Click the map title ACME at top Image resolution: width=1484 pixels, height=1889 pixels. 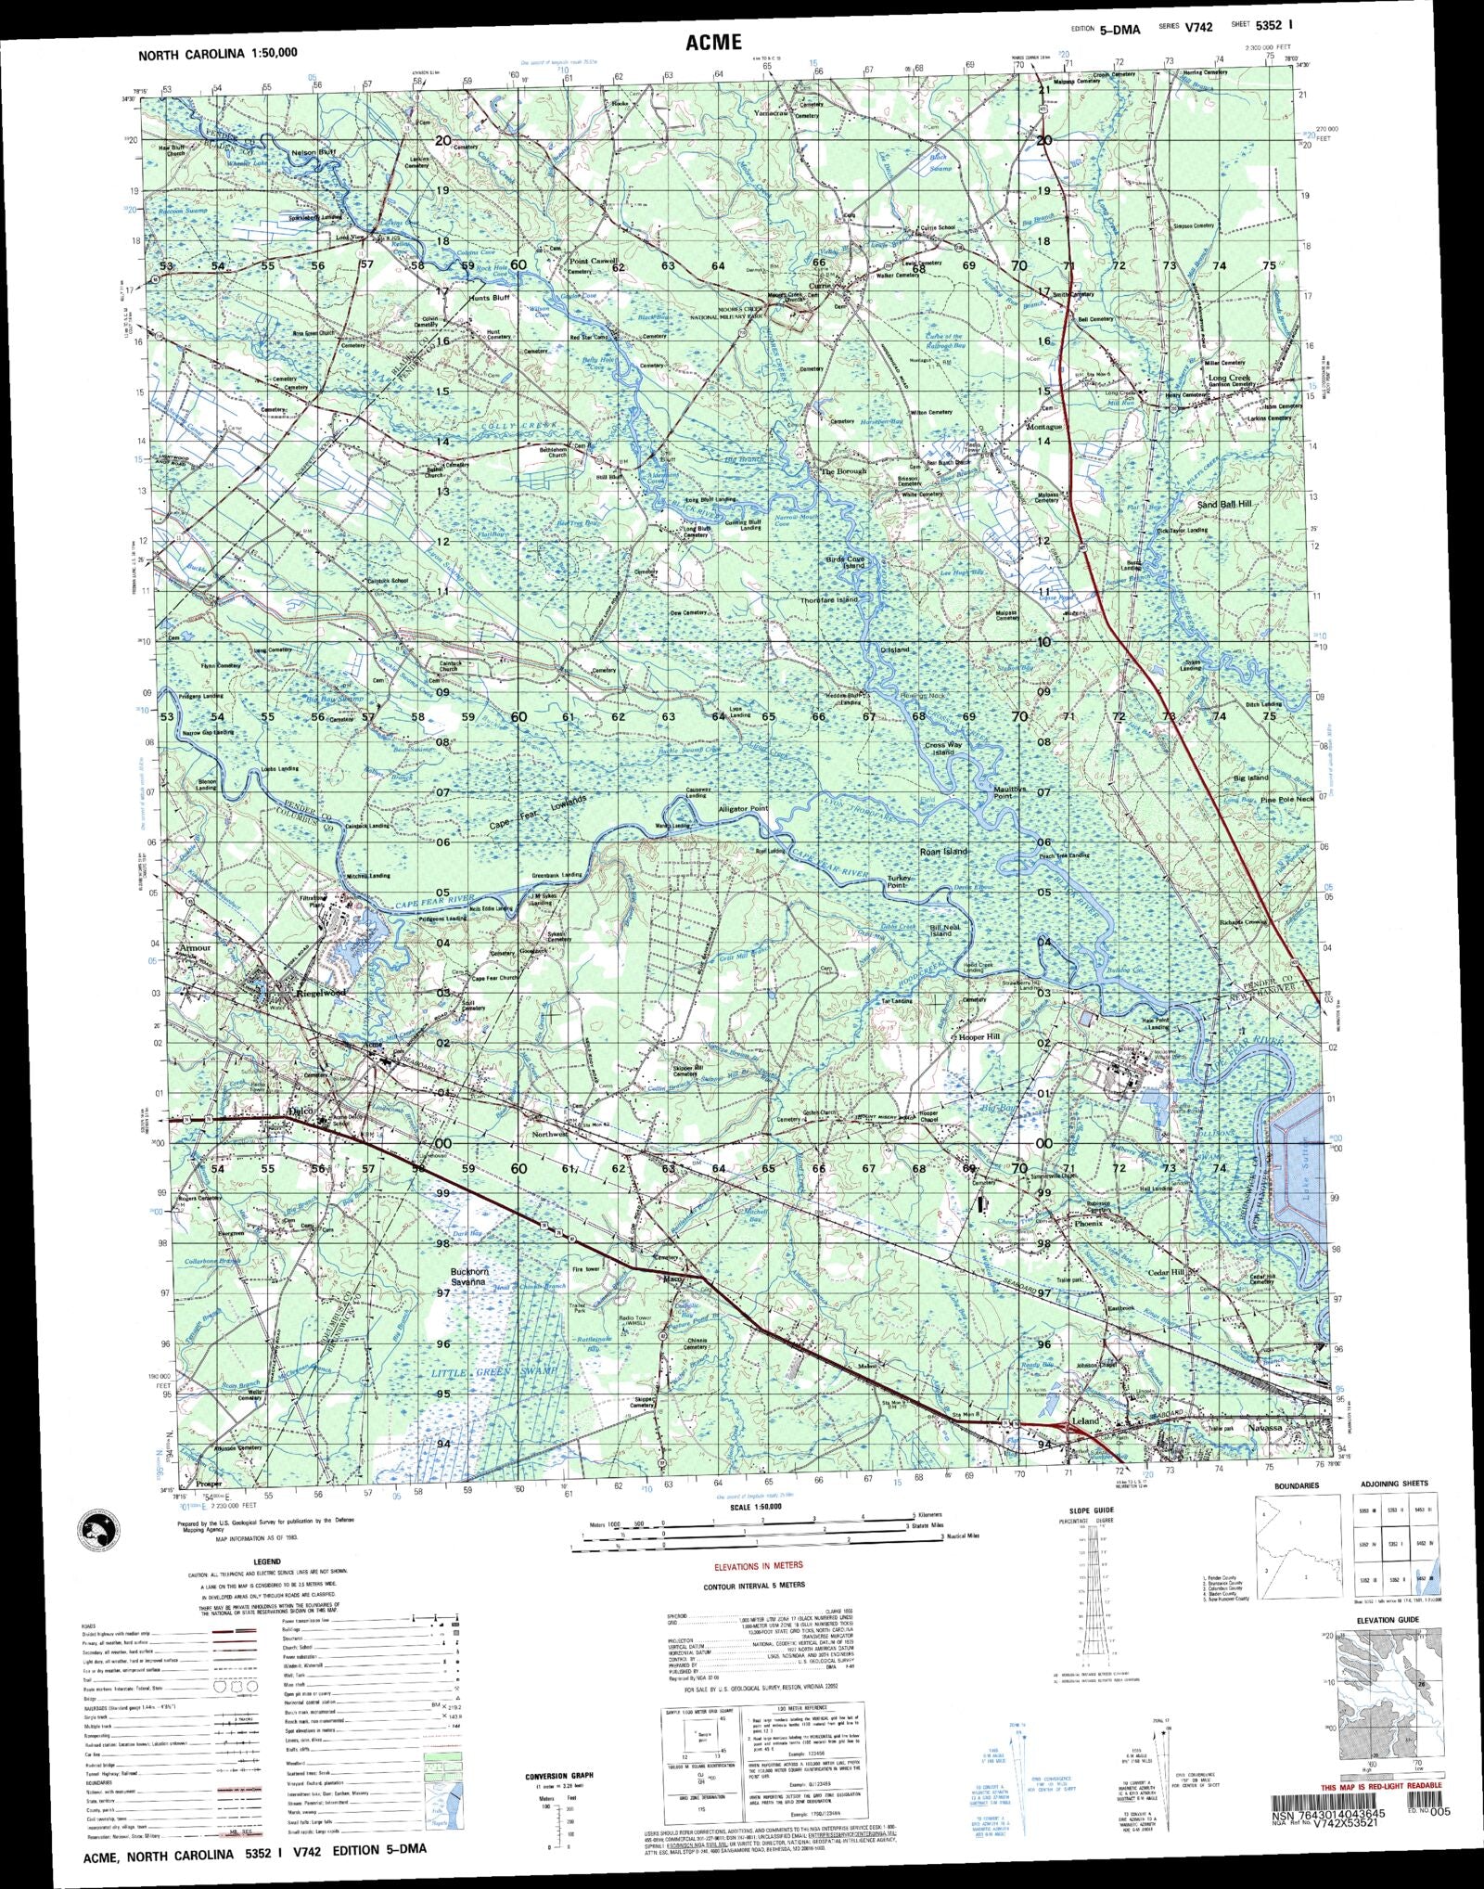point(713,41)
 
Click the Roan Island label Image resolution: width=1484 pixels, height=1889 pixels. point(943,851)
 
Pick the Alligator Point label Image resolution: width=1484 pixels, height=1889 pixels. point(743,809)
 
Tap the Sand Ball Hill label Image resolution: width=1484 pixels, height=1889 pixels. point(1224,503)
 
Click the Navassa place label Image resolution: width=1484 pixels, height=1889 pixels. point(1263,1429)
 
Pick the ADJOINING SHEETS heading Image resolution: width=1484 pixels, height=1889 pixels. point(1393,1484)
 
